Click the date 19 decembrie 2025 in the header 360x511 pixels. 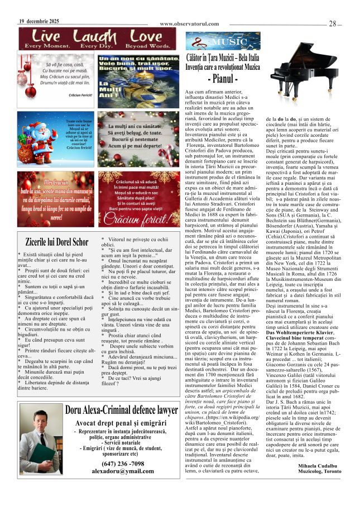39,21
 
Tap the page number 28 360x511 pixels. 333,23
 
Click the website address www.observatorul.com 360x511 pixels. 188,24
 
